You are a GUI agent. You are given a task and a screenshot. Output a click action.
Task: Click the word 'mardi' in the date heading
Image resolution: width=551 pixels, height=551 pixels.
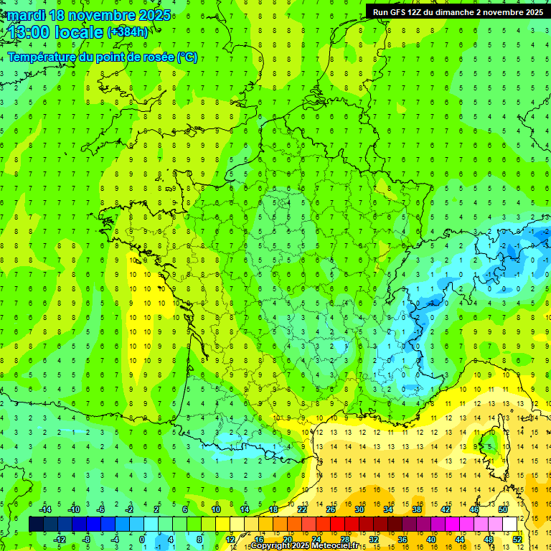pos(27,15)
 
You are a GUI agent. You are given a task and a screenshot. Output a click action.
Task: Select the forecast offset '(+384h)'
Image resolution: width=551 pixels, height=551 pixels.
pos(128,32)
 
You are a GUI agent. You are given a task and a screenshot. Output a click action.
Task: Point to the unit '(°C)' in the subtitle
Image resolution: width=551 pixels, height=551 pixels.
pos(187,57)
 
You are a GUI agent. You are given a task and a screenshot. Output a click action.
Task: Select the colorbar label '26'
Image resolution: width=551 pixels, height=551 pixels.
pos(331,509)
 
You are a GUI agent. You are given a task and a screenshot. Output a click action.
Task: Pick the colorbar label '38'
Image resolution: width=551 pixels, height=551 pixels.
pos(417,509)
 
